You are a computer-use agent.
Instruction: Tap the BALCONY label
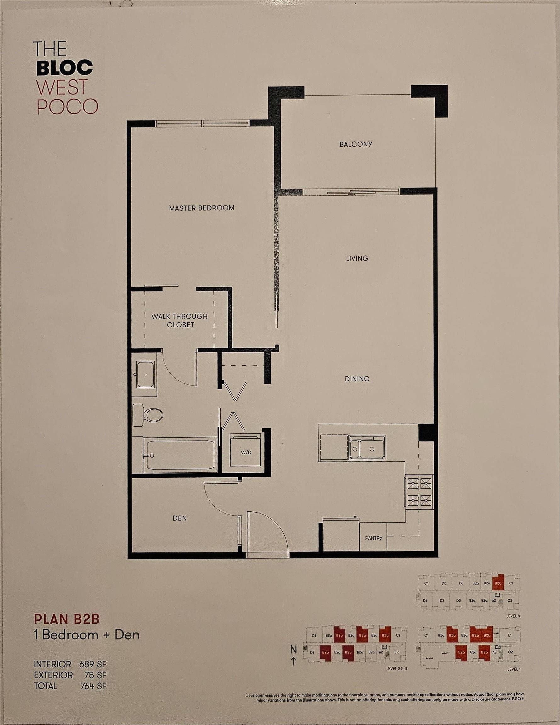click(x=356, y=144)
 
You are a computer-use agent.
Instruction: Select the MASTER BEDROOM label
click(x=201, y=208)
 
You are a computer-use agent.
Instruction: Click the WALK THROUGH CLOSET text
click(x=180, y=320)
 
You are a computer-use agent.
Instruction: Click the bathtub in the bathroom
click(x=180, y=455)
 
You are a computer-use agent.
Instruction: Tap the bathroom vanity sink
click(x=145, y=374)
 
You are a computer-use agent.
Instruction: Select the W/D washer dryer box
click(x=246, y=452)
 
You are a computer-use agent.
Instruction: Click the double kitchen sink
click(x=367, y=448)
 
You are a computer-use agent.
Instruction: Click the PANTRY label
click(x=374, y=538)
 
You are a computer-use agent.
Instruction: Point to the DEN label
click(x=180, y=518)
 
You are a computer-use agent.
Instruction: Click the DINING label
click(x=357, y=379)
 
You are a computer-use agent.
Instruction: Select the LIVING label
click(x=357, y=258)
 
